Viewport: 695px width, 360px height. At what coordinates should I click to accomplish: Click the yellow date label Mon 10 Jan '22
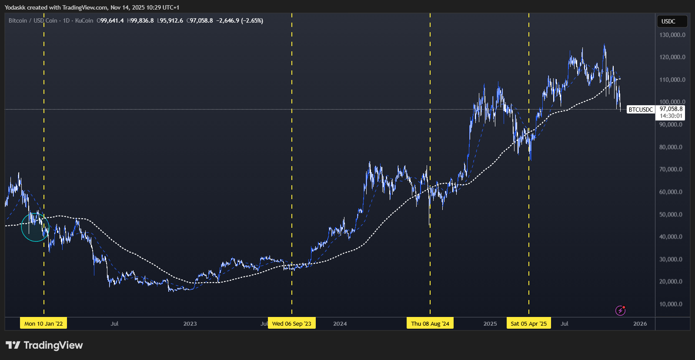(43, 323)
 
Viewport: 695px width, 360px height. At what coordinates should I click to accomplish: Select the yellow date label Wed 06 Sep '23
(291, 323)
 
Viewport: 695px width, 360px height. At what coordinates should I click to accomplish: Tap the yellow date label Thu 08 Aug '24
(430, 323)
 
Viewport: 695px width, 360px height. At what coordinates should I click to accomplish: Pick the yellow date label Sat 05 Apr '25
(528, 323)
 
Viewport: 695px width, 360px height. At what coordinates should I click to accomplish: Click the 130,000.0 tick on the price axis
(672, 35)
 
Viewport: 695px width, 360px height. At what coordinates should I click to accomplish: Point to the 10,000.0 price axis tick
(672, 304)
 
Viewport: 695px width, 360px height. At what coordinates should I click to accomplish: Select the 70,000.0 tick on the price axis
(672, 169)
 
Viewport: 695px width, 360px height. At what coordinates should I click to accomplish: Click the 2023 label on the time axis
(190, 323)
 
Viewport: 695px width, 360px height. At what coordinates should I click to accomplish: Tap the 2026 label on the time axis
(640, 323)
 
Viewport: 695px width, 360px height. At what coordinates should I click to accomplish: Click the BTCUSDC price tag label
(641, 110)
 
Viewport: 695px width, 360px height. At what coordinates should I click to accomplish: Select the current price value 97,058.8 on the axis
(671, 109)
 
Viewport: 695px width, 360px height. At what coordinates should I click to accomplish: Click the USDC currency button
(668, 21)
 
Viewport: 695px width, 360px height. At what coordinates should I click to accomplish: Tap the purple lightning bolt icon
(620, 310)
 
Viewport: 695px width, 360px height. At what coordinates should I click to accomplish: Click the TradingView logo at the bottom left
(44, 345)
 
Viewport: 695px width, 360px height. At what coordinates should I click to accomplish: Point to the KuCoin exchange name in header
(84, 20)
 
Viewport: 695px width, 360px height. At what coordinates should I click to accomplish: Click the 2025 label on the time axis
(490, 323)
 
